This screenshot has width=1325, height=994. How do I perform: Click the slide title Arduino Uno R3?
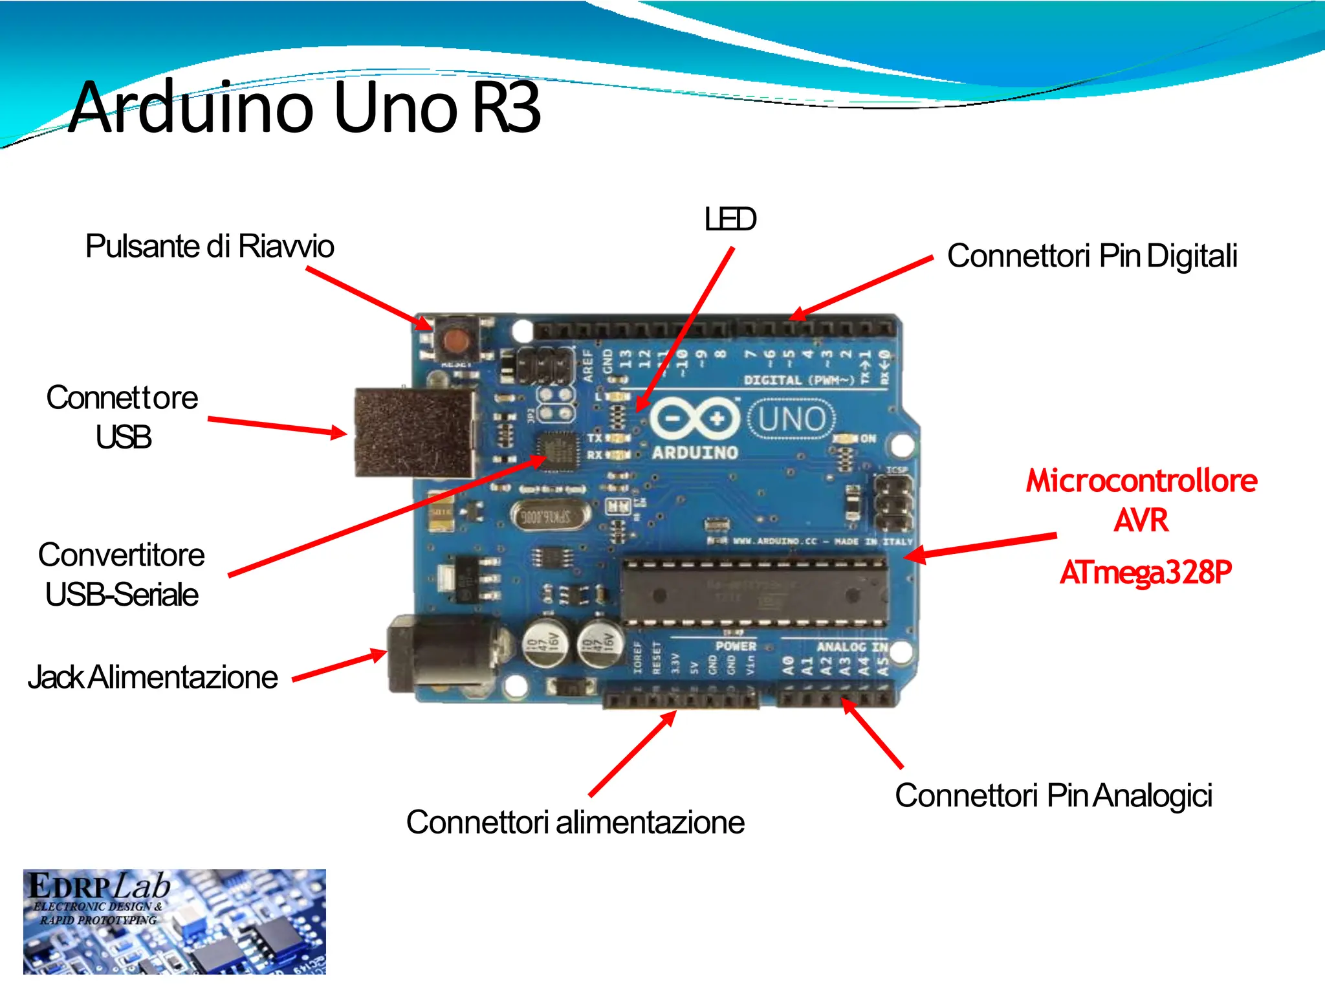(304, 107)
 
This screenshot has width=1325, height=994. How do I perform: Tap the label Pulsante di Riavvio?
(210, 247)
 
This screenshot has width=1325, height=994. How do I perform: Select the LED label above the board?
(730, 219)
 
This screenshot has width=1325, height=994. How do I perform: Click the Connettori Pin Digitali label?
(1092, 256)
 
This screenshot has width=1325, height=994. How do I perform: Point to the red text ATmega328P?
(1145, 573)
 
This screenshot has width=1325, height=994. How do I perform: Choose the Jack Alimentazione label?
(153, 678)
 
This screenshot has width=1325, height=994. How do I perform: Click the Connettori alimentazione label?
(575, 823)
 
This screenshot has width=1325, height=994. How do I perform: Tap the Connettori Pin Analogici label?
(1053, 795)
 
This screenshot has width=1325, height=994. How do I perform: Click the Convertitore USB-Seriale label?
(122, 575)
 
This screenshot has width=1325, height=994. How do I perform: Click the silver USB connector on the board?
(414, 432)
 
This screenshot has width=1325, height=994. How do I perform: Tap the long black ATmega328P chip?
(754, 592)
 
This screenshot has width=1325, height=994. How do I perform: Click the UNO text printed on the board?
(792, 419)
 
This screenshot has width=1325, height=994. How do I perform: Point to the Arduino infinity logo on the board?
(694, 419)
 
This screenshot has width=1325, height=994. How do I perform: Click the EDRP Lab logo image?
(174, 921)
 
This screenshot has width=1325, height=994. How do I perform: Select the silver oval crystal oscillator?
(550, 516)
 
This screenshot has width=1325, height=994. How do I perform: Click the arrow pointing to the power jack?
(340, 667)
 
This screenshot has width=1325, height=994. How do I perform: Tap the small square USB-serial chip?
(557, 450)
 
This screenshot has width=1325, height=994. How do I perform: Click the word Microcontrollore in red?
(1141, 481)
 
